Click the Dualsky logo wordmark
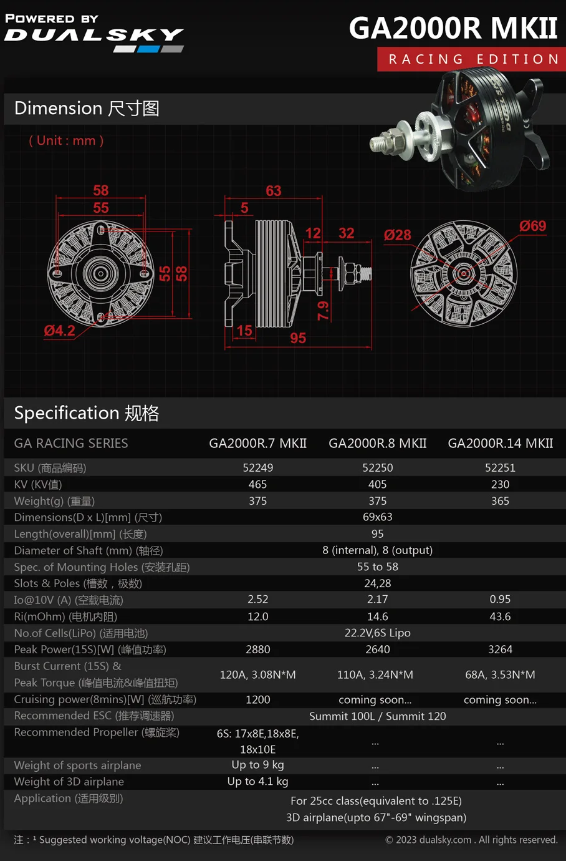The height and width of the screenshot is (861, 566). (94, 34)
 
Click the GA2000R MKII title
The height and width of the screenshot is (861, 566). (453, 28)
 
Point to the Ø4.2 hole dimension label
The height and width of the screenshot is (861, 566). (60, 331)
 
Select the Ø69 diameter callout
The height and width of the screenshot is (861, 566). (532, 226)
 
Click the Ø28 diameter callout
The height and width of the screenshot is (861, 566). (397, 235)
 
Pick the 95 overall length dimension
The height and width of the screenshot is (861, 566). (298, 338)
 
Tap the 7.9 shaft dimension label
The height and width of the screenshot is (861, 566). (324, 310)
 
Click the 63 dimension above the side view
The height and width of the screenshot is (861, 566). (273, 191)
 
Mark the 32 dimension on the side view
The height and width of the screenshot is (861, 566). (346, 233)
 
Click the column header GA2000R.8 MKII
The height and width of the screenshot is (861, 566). (377, 444)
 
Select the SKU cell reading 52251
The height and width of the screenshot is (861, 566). (500, 468)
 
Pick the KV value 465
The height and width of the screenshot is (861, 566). (257, 484)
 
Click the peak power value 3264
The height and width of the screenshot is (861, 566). (500, 649)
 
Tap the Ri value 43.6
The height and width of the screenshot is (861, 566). (500, 616)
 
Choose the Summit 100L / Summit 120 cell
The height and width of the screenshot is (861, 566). (377, 716)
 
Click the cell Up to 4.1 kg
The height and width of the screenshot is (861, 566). (257, 782)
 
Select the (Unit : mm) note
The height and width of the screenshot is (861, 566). (66, 141)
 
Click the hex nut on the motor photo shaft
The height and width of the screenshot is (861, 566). (391, 141)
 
